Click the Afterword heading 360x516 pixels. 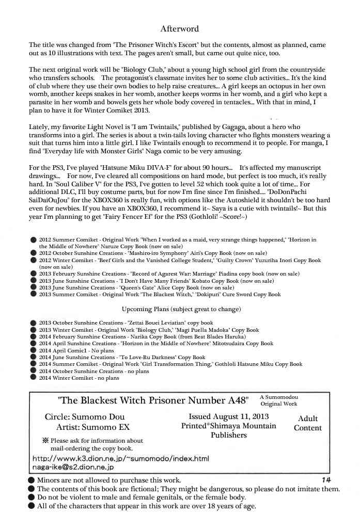click(179, 29)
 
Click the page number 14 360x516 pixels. click(326, 479)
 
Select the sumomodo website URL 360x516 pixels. click(120, 458)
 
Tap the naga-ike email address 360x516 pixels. click(72, 466)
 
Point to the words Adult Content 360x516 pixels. click(308, 423)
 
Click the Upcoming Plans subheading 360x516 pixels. click(180, 309)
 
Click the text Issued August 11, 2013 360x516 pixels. click(228, 416)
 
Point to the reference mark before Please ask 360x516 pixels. click(45, 441)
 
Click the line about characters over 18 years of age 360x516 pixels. click(147, 506)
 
